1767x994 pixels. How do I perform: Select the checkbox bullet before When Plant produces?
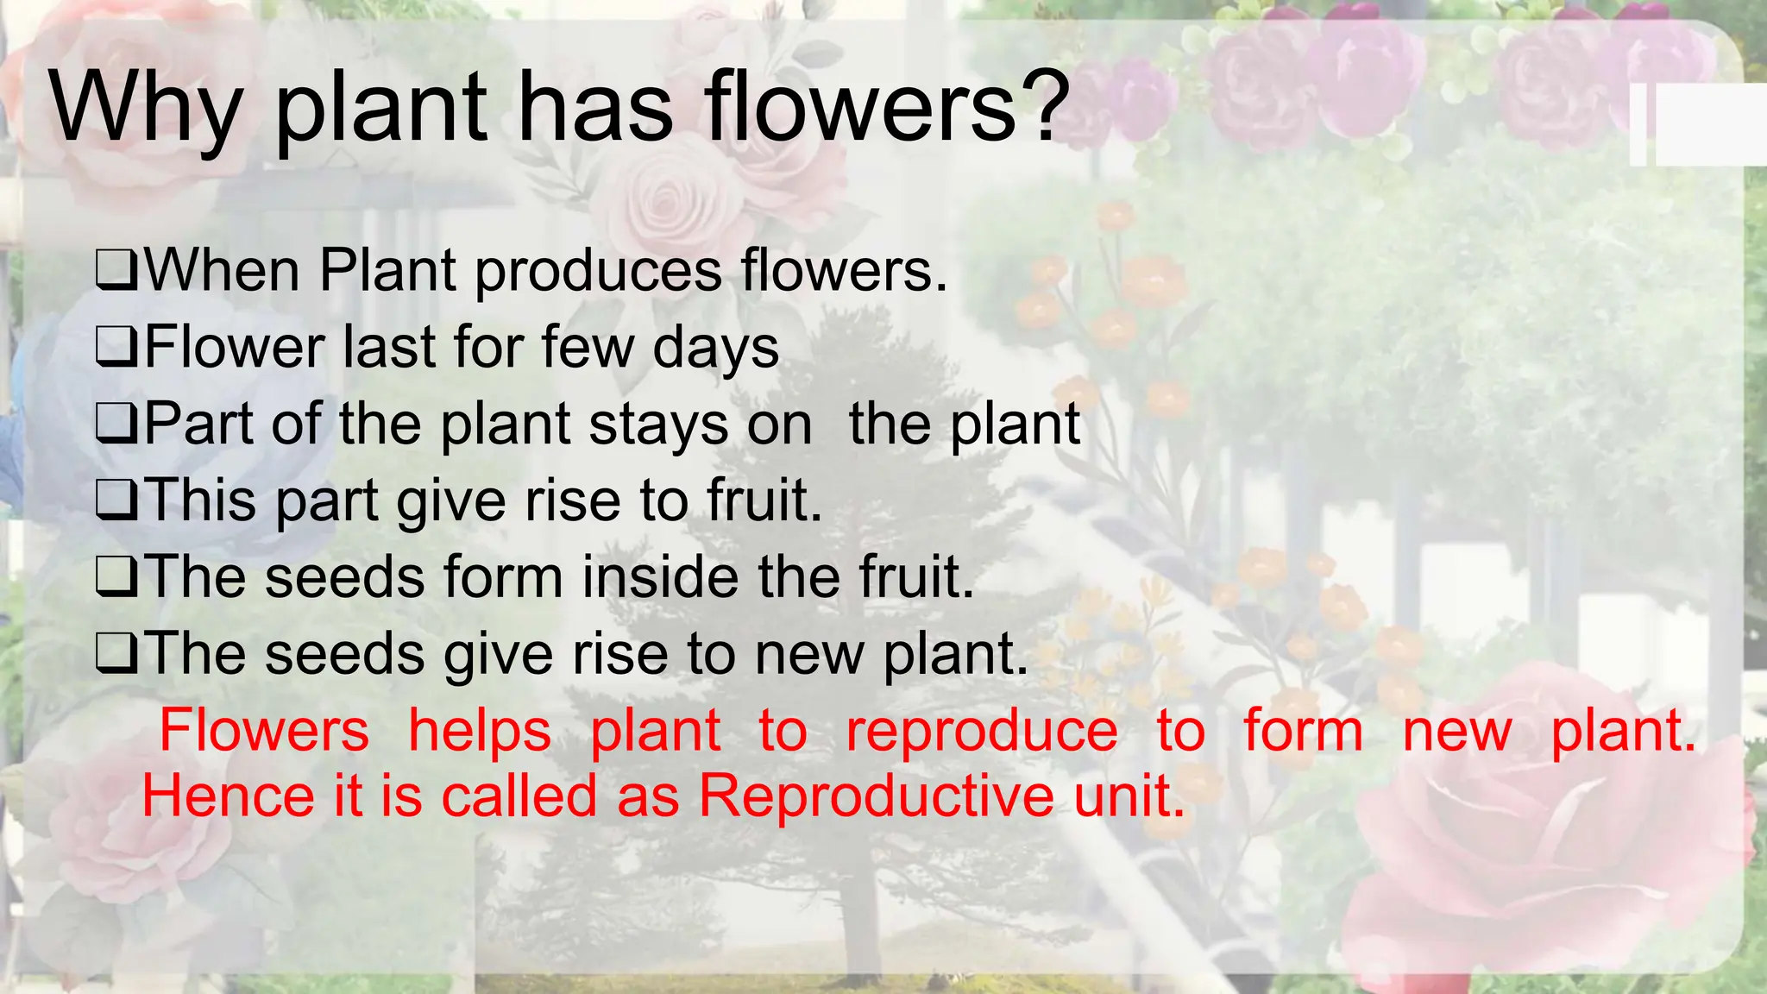[x=116, y=271]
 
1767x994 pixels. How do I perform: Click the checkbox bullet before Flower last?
[x=116, y=348]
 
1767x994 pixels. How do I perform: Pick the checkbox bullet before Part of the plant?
[x=116, y=425]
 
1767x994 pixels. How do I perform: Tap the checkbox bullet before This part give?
[x=116, y=501]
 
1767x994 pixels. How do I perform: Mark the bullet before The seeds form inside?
[x=116, y=577]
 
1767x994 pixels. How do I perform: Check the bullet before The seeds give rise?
[x=116, y=654]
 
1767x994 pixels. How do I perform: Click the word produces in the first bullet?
[x=598, y=273]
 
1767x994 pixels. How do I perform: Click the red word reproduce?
[x=981, y=732]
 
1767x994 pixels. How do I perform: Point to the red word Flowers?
[x=264, y=730]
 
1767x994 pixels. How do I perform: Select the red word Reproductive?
[x=875, y=796]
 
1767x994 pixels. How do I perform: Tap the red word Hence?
[x=227, y=796]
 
